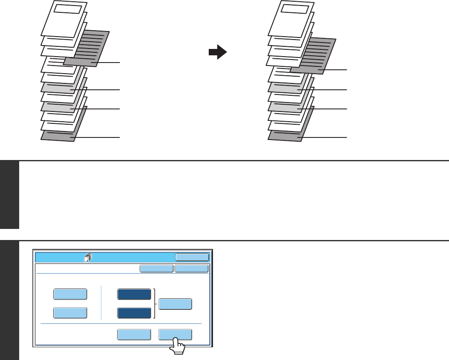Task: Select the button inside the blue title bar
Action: [192, 257]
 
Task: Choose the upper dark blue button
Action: [134, 294]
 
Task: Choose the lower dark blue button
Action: [134, 313]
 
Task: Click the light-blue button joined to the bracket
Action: [175, 304]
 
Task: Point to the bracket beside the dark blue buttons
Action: [155, 303]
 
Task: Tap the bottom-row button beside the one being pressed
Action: [134, 334]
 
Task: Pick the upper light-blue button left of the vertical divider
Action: [70, 294]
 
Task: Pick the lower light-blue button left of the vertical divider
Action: [70, 313]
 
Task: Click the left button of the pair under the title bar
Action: [157, 269]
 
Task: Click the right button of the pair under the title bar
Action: [192, 269]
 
